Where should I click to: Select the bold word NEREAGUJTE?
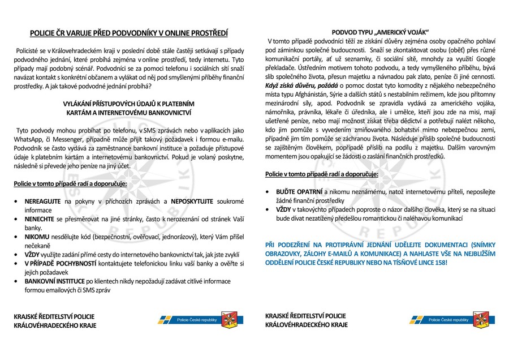point(44,201)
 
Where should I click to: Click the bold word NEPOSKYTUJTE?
point(193,201)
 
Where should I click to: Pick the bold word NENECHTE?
point(40,218)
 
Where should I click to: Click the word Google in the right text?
point(489,58)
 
